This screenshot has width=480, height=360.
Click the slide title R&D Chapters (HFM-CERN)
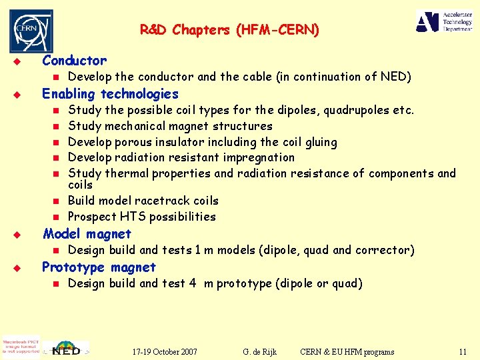pyautogui.click(x=229, y=29)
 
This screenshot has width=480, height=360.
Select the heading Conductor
pyautogui.click(x=74, y=61)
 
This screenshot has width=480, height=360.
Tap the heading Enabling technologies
pyautogui.click(x=110, y=94)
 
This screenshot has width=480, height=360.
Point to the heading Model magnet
pyautogui.click(x=87, y=234)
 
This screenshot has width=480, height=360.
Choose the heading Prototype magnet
pyautogui.click(x=99, y=267)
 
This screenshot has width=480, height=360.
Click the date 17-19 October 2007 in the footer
pyautogui.click(x=164, y=351)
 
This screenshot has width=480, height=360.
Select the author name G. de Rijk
pyautogui.click(x=260, y=351)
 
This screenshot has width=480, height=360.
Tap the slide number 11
pyautogui.click(x=463, y=351)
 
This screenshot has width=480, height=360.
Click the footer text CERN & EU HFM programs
pyautogui.click(x=347, y=351)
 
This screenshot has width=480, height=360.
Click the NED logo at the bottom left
pyautogui.click(x=66, y=348)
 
